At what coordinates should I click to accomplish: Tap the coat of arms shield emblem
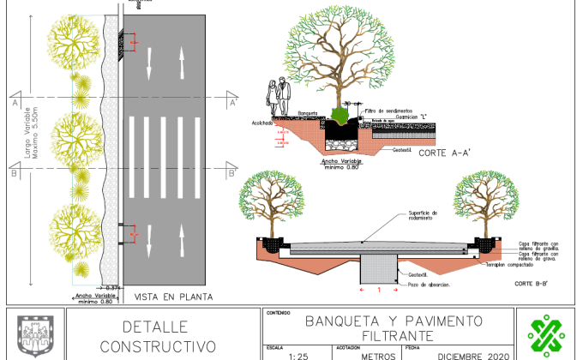point(33,335)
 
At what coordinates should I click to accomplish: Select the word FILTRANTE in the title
point(393,335)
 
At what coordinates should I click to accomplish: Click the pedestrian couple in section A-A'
point(277,98)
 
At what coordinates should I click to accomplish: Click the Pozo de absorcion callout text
point(429,284)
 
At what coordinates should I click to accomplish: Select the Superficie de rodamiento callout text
point(423,214)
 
